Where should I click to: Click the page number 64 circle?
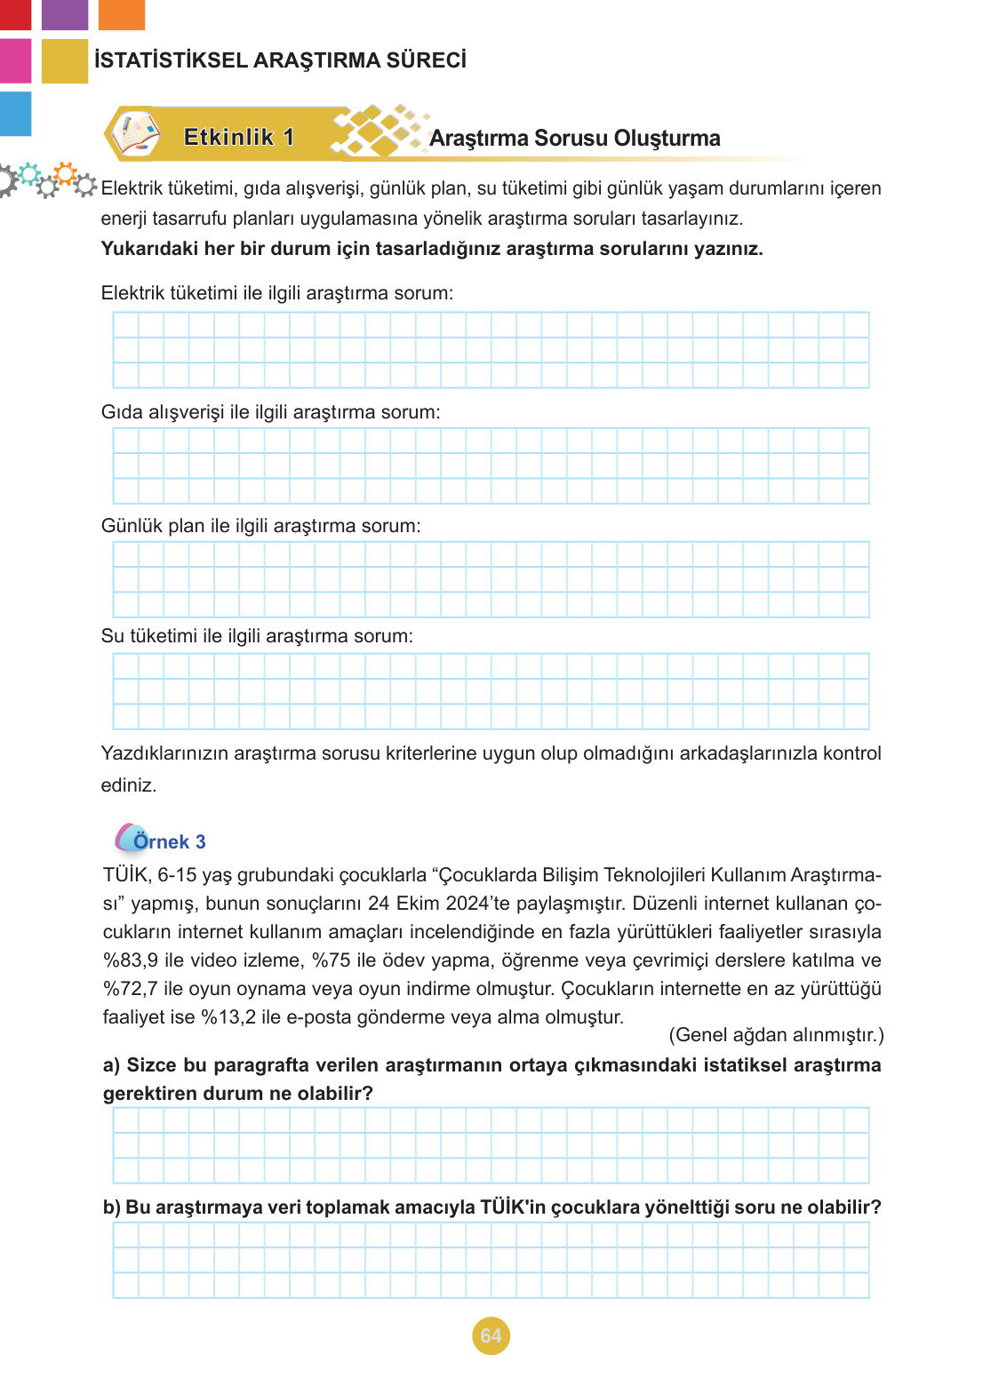click(x=491, y=1335)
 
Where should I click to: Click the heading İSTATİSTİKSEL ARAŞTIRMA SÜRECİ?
click(x=280, y=60)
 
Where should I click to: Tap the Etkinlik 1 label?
click(x=238, y=137)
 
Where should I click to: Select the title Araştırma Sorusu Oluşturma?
click(x=574, y=139)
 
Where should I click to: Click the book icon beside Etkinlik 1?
click(x=135, y=134)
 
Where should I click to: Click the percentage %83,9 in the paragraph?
click(x=131, y=960)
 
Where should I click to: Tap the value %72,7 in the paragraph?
click(x=131, y=989)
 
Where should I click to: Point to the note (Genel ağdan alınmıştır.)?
click(x=776, y=1035)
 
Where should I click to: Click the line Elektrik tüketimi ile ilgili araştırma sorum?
click(x=276, y=293)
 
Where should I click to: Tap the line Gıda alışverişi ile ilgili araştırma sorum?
click(x=270, y=412)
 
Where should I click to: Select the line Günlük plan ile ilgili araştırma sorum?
click(x=260, y=526)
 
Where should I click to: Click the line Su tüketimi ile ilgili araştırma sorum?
click(x=257, y=636)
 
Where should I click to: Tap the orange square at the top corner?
click(x=121, y=14)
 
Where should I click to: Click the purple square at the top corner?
click(x=65, y=14)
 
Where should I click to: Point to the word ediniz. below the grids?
click(x=129, y=785)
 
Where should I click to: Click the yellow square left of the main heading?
click(x=65, y=61)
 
